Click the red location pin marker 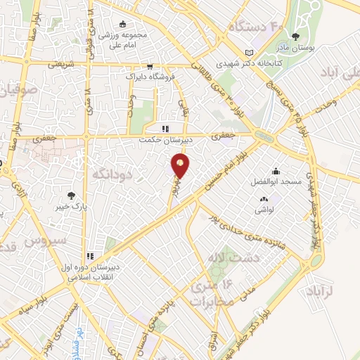pyautogui.click(x=181, y=166)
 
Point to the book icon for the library pyautogui.click(x=248, y=51)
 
